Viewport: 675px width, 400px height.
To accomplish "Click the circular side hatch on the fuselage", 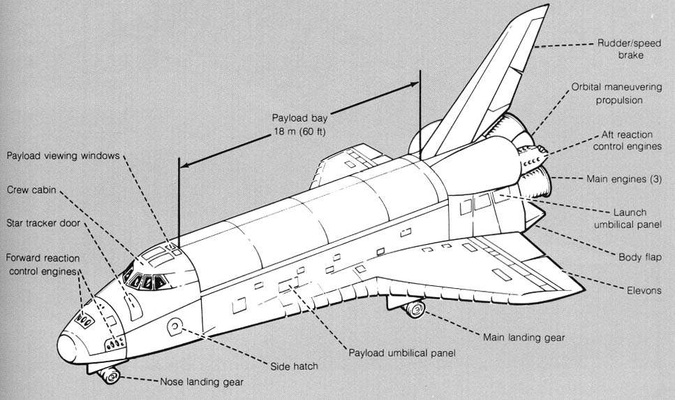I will point(175,325).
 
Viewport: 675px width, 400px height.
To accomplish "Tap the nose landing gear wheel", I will point(110,377).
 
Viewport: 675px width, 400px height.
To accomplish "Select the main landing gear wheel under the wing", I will point(416,308).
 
